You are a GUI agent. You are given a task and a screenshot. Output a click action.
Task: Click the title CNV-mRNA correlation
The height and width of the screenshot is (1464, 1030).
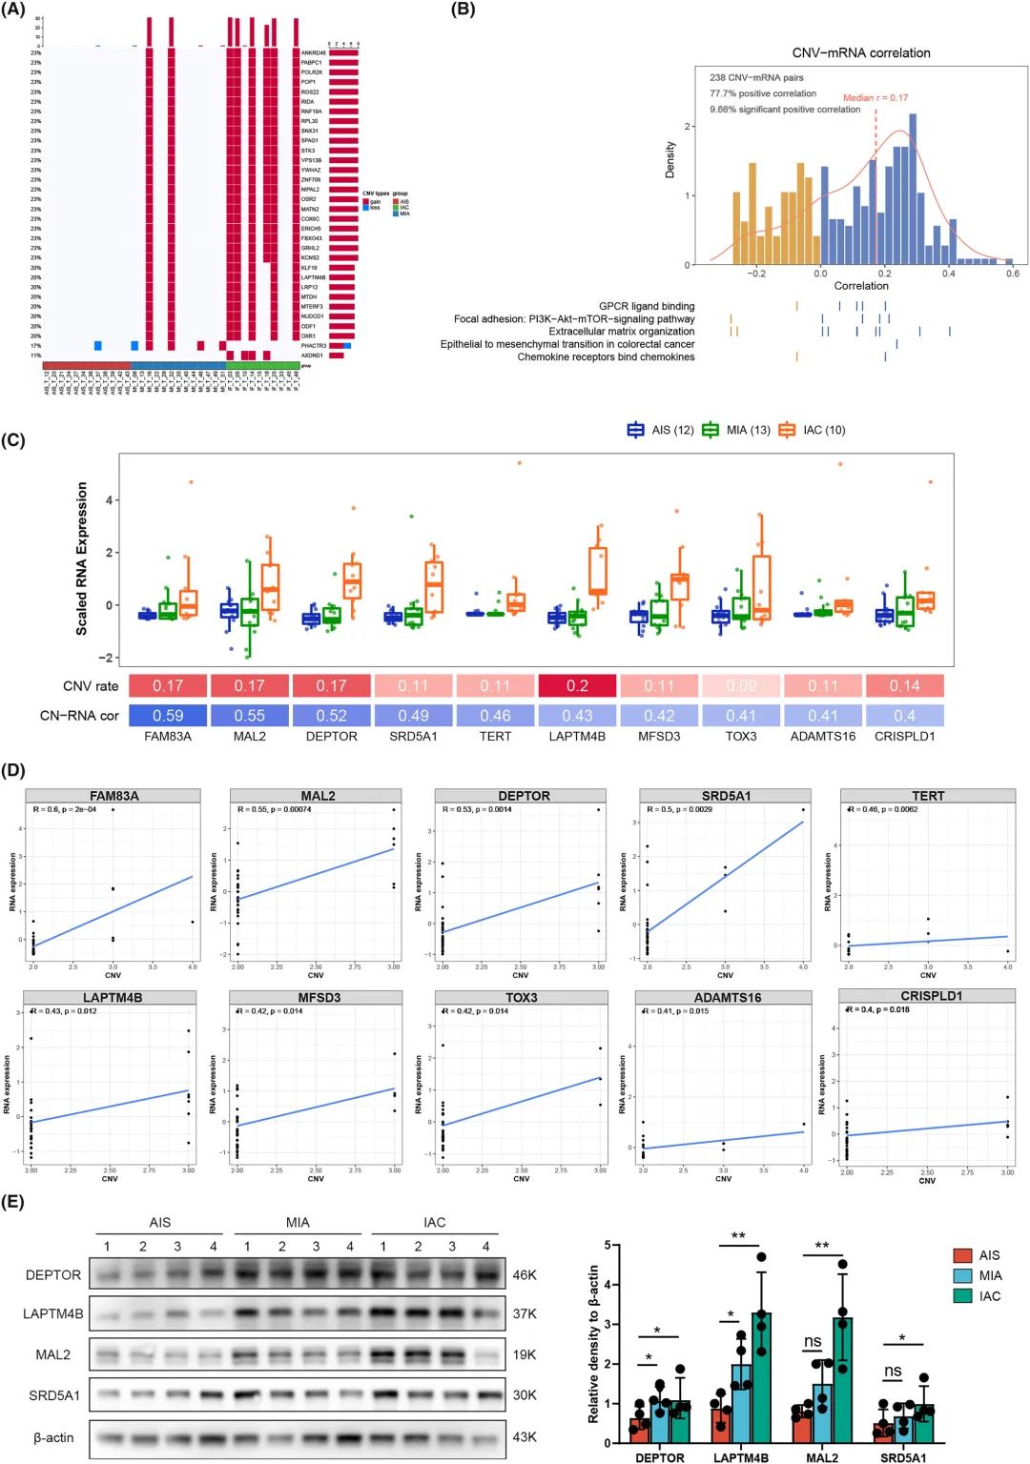pyautogui.click(x=860, y=53)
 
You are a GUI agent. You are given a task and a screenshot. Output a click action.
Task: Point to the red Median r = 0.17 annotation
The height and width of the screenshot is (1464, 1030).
pyautogui.click(x=875, y=98)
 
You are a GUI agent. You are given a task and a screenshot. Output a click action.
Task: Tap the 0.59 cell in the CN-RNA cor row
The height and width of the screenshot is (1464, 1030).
pyautogui.click(x=168, y=716)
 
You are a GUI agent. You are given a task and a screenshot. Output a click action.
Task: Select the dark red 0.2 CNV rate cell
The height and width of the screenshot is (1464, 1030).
pyautogui.click(x=577, y=685)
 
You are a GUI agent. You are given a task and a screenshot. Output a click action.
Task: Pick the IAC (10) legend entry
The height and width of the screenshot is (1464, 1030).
pyautogui.click(x=812, y=430)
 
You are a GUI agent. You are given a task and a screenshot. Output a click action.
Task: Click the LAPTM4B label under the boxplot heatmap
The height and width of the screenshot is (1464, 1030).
pyautogui.click(x=577, y=737)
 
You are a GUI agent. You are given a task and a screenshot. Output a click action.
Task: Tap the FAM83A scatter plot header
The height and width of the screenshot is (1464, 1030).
pyautogui.click(x=113, y=796)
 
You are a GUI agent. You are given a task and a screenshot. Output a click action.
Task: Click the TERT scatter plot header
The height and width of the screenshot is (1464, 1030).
pyautogui.click(x=927, y=796)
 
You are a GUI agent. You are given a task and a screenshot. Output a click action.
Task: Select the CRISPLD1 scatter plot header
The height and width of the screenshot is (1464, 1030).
pyautogui.click(x=931, y=996)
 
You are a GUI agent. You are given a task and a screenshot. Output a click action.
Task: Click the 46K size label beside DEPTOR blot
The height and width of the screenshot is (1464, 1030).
pyautogui.click(x=525, y=1274)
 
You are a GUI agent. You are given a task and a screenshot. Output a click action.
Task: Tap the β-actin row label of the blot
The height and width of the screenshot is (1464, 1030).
pyautogui.click(x=53, y=1437)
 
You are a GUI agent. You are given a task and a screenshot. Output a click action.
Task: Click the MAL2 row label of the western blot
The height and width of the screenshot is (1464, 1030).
pyautogui.click(x=53, y=1354)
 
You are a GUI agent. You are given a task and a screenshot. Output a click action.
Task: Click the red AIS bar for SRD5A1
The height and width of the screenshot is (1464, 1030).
pyautogui.click(x=883, y=1433)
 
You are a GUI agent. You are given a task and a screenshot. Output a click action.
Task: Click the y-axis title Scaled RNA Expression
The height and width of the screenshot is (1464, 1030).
pyautogui.click(x=82, y=558)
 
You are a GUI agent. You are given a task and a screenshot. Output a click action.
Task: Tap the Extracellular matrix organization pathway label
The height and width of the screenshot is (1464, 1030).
pyautogui.click(x=621, y=332)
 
